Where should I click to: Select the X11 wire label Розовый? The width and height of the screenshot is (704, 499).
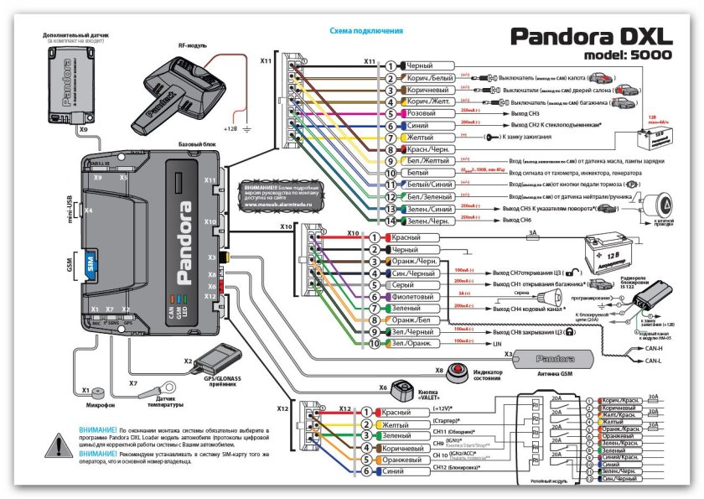coord(422,112)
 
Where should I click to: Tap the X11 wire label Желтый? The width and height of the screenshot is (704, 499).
coord(419,136)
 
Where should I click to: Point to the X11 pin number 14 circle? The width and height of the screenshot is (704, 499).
coord(390,221)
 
